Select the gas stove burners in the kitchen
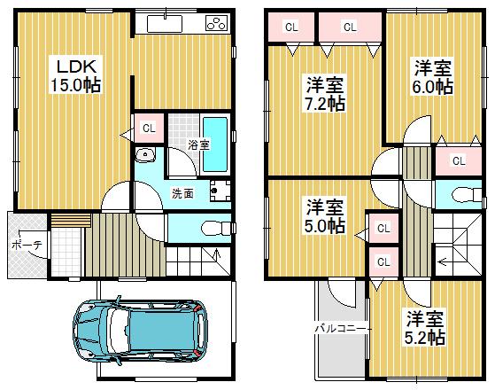215,23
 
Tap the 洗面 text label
182,192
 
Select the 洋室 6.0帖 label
433,77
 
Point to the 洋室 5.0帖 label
325,216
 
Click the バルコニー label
336,329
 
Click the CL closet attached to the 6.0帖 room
457,160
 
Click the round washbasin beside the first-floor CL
145,157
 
